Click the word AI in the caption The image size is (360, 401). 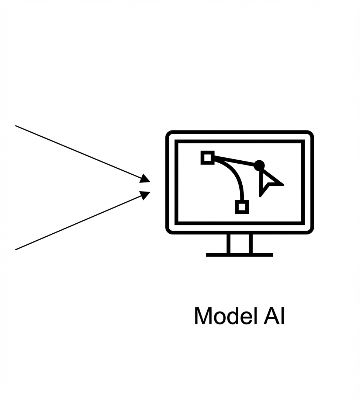(x=274, y=316)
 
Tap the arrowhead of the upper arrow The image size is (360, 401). (x=145, y=179)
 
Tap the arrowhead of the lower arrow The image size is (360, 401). (x=145, y=195)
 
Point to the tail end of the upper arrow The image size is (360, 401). (x=16, y=126)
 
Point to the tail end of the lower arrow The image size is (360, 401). (x=16, y=250)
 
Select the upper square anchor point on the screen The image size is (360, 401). (x=207, y=158)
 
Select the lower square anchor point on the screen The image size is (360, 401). (x=242, y=207)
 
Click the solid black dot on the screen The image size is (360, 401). (x=259, y=165)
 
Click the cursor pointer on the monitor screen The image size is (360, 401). (x=269, y=182)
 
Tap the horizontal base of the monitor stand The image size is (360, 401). (x=239, y=255)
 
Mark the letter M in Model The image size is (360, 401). (x=202, y=316)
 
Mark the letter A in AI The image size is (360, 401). (x=270, y=316)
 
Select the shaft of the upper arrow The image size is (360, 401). (x=77, y=152)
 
